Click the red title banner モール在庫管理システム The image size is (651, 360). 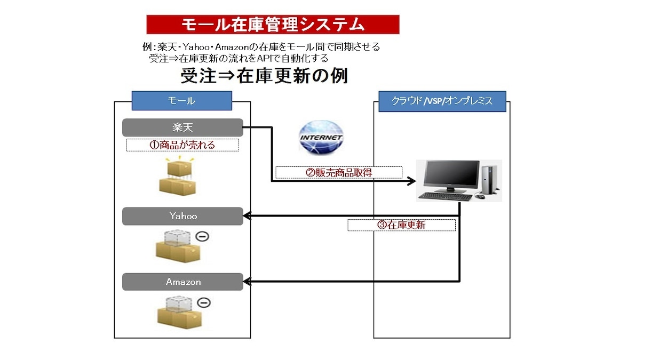point(273,25)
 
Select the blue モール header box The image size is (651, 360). point(182,101)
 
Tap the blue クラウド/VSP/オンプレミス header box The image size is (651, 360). point(442,101)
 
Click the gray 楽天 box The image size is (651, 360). point(182,127)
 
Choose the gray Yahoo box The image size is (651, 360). point(182,216)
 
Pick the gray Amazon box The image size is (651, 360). point(182,282)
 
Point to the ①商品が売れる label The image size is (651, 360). point(182,145)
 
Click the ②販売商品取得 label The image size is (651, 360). point(338,172)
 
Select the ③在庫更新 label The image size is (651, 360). point(401,225)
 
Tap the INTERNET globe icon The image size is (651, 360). point(321,138)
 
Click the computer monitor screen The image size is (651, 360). point(451,175)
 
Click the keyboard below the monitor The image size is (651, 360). point(445,196)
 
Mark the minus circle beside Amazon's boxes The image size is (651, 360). point(203,302)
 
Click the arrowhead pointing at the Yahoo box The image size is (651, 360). point(248,216)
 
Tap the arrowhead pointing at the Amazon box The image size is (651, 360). point(248,282)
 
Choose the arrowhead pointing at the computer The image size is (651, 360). point(411,181)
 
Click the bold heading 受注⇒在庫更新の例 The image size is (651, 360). point(264,76)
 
